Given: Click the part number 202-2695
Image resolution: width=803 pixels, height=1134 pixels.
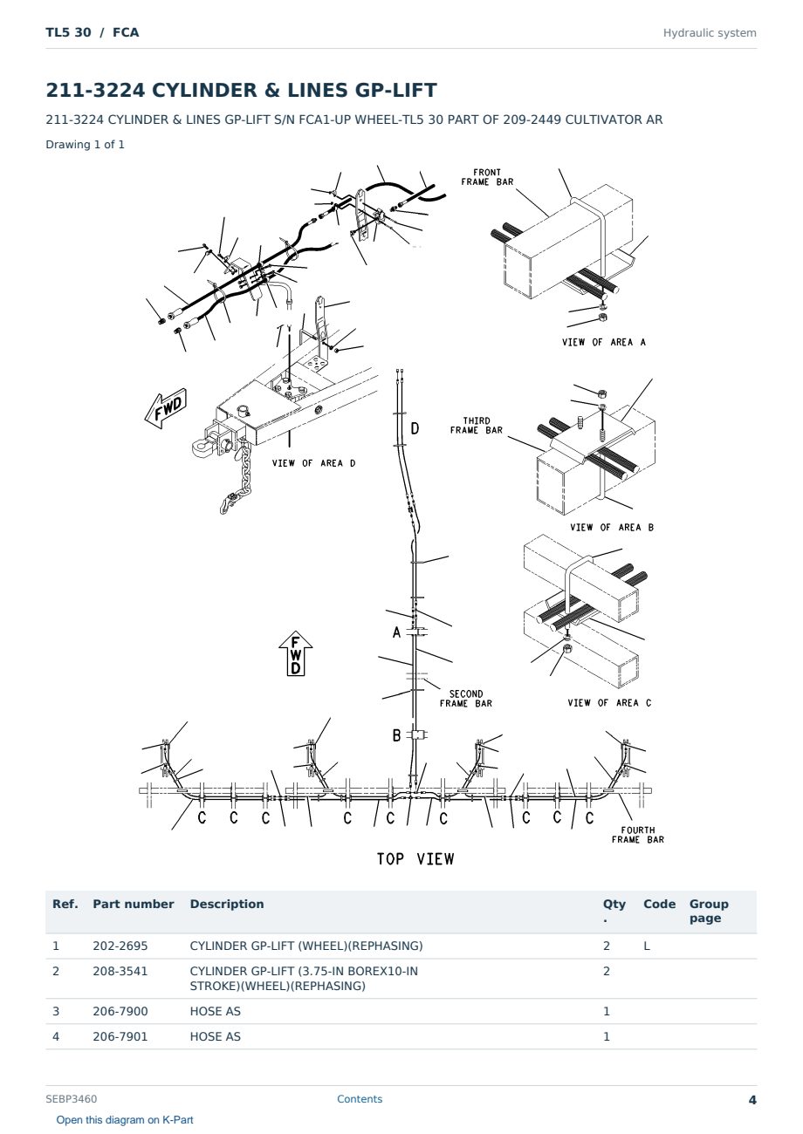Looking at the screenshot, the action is pyautogui.click(x=120, y=946).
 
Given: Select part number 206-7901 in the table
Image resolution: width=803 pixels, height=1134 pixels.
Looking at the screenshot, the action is pyautogui.click(x=120, y=1036).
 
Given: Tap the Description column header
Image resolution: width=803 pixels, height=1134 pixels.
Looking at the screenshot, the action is pyautogui.click(x=226, y=904).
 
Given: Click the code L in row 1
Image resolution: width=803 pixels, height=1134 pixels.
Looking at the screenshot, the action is pyautogui.click(x=647, y=946).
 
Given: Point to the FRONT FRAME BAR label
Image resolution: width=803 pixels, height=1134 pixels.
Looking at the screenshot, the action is pyautogui.click(x=487, y=177).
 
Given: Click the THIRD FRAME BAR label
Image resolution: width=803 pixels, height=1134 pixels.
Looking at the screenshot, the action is pyautogui.click(x=477, y=426).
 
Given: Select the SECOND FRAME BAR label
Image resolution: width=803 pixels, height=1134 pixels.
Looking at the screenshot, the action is pyautogui.click(x=465, y=699).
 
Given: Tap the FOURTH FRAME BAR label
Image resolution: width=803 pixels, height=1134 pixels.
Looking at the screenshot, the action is pyautogui.click(x=637, y=835).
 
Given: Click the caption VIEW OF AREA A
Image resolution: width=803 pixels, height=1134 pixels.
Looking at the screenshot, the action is pyautogui.click(x=603, y=342).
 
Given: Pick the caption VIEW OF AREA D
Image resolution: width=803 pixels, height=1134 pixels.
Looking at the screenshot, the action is pyautogui.click(x=313, y=463).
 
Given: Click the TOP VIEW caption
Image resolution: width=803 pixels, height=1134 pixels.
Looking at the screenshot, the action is pyautogui.click(x=415, y=859).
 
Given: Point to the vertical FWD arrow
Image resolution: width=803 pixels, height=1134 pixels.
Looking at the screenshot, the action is pyautogui.click(x=296, y=653).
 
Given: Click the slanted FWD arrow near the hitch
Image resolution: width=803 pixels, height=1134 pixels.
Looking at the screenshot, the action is pyautogui.click(x=166, y=408).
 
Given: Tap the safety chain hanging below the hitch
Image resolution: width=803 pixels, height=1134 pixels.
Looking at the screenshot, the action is pyautogui.click(x=237, y=478).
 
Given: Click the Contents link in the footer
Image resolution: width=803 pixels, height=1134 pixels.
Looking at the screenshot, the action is pyautogui.click(x=360, y=1099).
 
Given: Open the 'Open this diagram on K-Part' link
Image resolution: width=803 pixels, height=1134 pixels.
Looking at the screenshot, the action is pyautogui.click(x=125, y=1120).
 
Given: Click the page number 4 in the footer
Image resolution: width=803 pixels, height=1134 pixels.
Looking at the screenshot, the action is pyautogui.click(x=752, y=1100).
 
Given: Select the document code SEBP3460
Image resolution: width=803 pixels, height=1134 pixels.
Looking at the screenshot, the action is pyautogui.click(x=71, y=1099).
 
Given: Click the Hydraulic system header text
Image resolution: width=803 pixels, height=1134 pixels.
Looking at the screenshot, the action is pyautogui.click(x=710, y=33).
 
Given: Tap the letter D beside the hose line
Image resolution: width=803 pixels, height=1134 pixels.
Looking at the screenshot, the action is pyautogui.click(x=415, y=429).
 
